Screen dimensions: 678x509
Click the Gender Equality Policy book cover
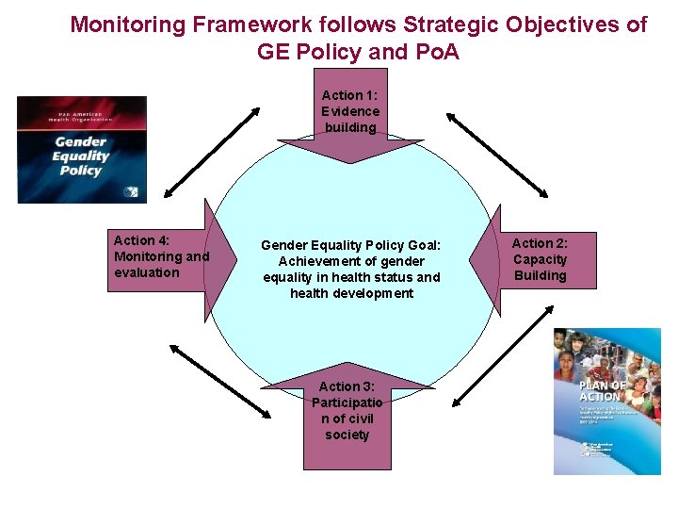click(x=82, y=149)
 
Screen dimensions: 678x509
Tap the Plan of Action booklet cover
click(x=606, y=401)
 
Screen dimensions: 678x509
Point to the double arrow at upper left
click(x=213, y=151)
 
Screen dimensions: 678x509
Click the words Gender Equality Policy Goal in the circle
click(x=351, y=245)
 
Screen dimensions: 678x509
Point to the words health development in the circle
click(x=351, y=293)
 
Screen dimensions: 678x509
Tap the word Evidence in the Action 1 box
click(x=349, y=111)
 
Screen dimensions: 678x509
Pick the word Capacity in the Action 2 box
click(x=541, y=259)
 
